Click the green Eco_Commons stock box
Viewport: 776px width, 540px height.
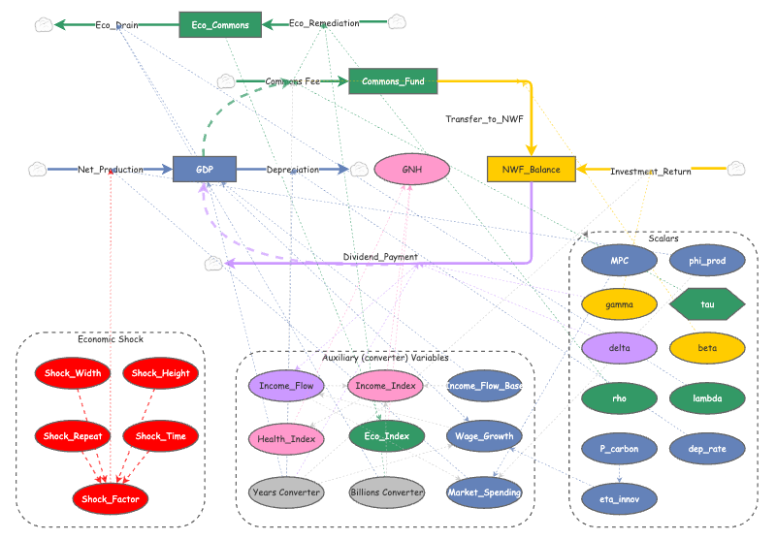tap(220, 24)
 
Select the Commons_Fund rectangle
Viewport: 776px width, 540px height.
tap(393, 81)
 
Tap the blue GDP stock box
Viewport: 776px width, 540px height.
tap(205, 170)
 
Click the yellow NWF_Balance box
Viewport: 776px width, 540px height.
tap(532, 170)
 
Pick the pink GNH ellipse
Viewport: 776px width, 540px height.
tap(412, 170)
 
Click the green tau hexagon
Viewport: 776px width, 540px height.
tap(707, 303)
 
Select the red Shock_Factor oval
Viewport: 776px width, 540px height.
tap(111, 498)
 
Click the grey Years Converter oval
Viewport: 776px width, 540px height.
tap(285, 492)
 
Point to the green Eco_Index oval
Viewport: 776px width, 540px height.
tap(386, 436)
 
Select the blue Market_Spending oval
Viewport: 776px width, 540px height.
tap(484, 492)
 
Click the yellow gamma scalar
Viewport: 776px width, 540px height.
tap(619, 303)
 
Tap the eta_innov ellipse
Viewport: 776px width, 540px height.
tap(619, 498)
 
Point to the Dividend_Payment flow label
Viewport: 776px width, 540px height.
tap(380, 257)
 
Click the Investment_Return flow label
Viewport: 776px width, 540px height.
tap(650, 172)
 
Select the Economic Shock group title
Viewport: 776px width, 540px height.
tap(111, 339)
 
